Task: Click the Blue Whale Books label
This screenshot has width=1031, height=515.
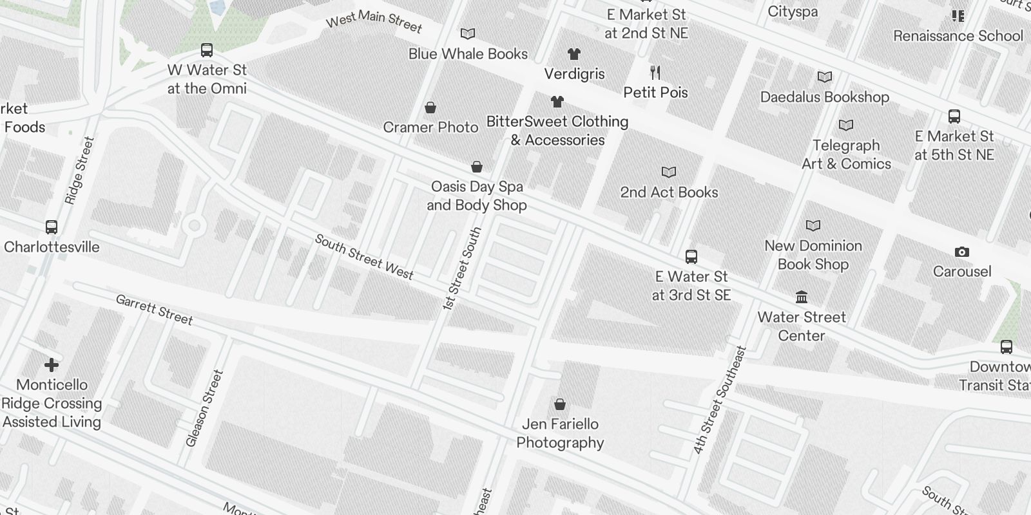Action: [x=468, y=54]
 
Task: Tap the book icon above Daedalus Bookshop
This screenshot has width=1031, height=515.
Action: [x=824, y=77]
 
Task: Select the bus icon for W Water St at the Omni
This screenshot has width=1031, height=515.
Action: [x=207, y=50]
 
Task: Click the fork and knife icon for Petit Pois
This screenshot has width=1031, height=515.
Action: [x=655, y=72]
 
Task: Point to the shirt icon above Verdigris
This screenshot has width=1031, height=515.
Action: [x=573, y=54]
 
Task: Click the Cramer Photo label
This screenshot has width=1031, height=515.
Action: [x=430, y=127]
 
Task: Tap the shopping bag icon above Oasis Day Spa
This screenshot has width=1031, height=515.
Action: [x=477, y=167]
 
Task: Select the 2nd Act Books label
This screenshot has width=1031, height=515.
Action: [x=669, y=192]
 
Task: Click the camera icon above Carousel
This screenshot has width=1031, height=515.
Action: [x=961, y=252]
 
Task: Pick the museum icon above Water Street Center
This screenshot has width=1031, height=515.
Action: [x=802, y=297]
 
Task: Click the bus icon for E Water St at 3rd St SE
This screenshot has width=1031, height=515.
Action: [x=691, y=257]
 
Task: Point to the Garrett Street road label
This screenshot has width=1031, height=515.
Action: [x=154, y=310]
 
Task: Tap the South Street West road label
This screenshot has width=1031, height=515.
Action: [x=364, y=257]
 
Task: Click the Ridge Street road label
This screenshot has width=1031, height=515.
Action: [x=79, y=171]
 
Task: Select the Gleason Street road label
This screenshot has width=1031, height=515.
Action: [x=204, y=408]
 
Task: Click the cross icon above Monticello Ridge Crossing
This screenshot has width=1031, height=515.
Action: [x=52, y=366]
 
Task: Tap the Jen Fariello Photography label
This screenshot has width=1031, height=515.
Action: [x=560, y=433]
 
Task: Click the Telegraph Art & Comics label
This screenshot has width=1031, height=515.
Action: [x=846, y=154]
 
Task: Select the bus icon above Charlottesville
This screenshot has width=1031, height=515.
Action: [x=52, y=227]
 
